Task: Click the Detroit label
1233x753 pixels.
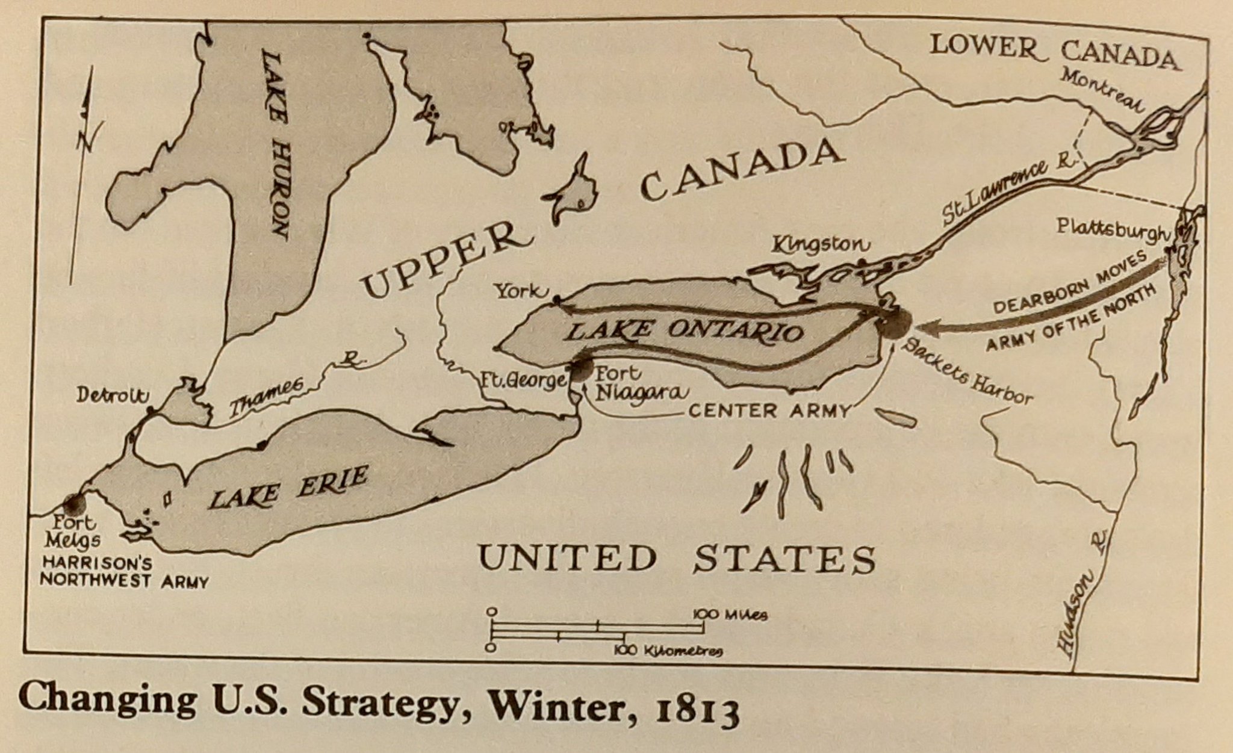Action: pyautogui.click(x=112, y=395)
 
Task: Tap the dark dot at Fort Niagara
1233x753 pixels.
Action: pyautogui.click(x=582, y=369)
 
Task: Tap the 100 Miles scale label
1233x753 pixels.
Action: pyautogui.click(x=729, y=615)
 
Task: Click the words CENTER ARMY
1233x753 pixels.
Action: pyautogui.click(x=769, y=411)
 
